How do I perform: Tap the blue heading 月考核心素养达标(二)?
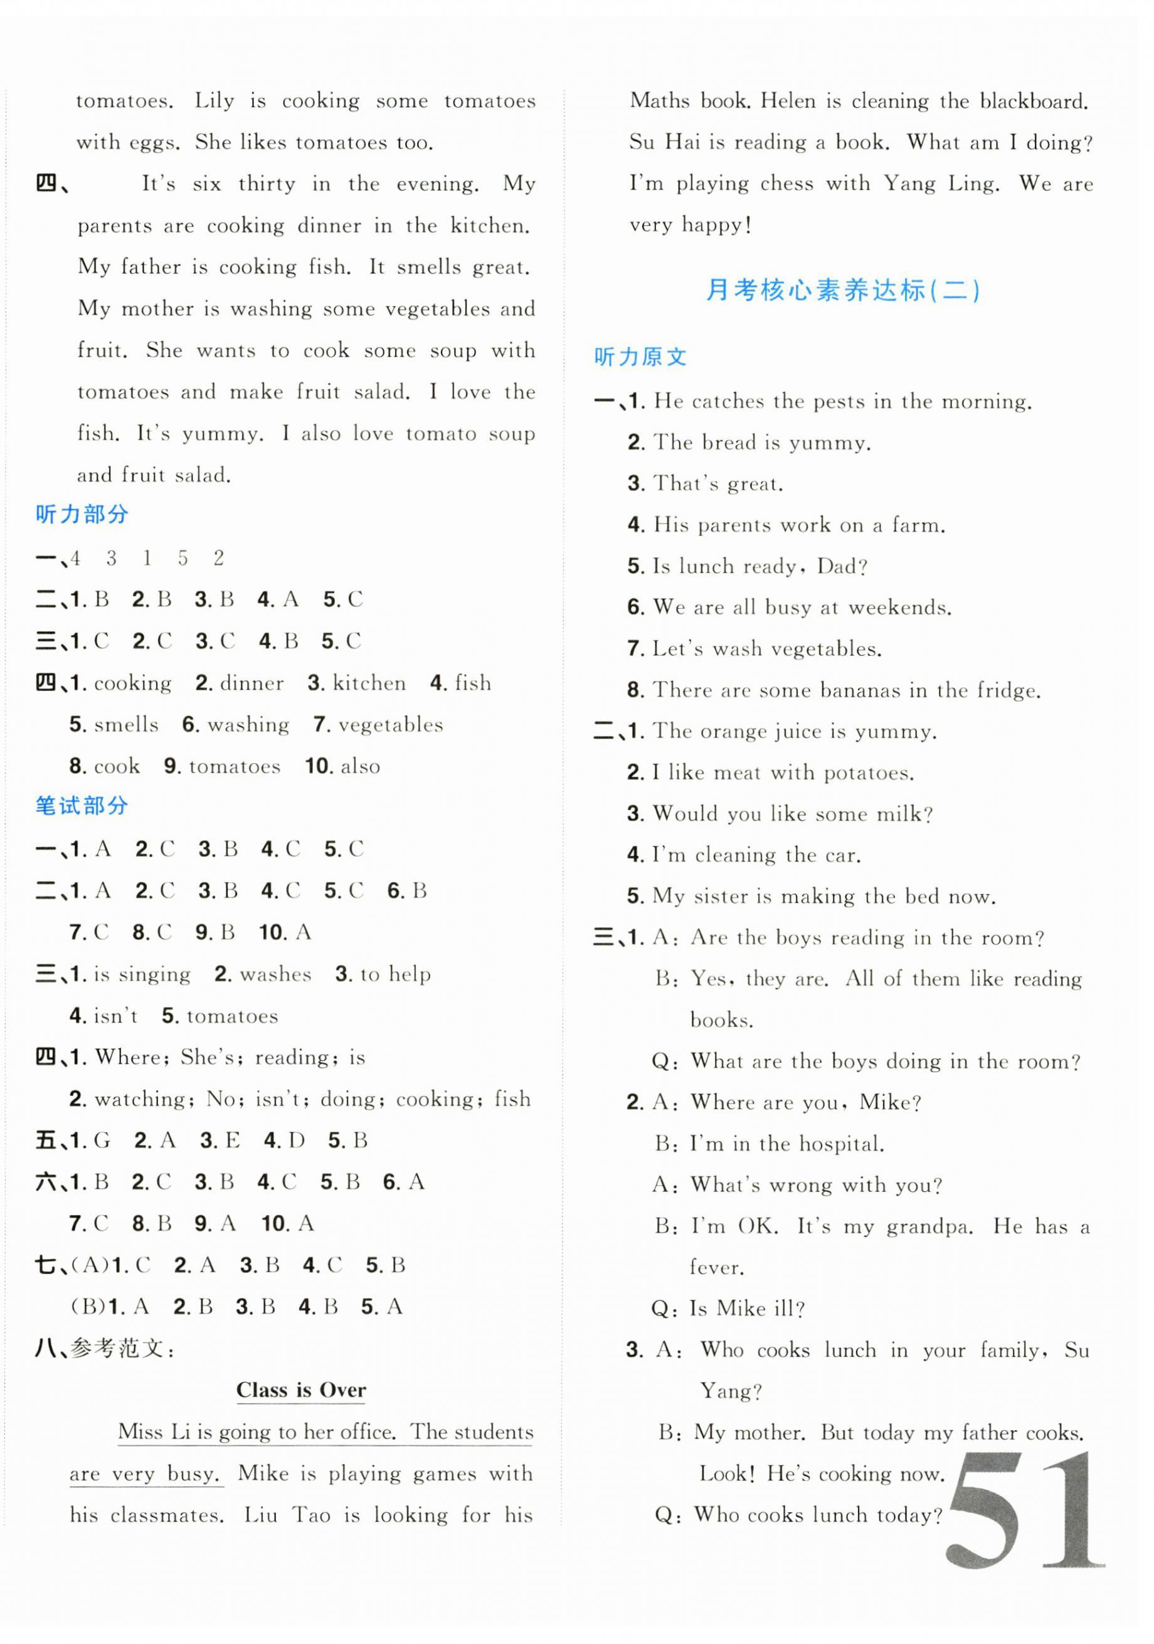tap(842, 291)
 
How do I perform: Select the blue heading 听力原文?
tap(640, 357)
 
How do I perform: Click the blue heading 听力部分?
tap(82, 514)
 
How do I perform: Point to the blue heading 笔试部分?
tap(82, 806)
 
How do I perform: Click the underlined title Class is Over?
tap(301, 1390)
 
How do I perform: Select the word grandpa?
tap(929, 1226)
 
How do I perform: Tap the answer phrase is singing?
tap(142, 974)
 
